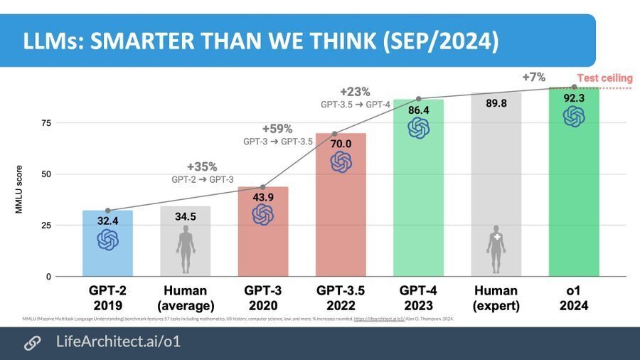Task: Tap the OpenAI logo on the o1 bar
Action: coord(574,117)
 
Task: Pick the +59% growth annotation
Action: coord(277,129)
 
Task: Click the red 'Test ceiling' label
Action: coord(604,78)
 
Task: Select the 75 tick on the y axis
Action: coord(46,123)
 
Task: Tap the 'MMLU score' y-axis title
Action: coord(20,190)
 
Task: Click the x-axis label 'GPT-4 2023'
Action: coord(418,298)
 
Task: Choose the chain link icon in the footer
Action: coord(32,342)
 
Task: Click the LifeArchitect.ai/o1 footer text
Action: coord(118,342)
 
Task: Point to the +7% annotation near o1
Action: coord(534,77)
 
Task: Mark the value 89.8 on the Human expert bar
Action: coord(496,103)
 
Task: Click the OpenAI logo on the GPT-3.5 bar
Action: coord(341,162)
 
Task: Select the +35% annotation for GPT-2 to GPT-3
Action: coord(202,166)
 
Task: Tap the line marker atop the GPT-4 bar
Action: coord(418,99)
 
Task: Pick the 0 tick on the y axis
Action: coord(48,277)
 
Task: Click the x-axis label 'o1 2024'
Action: coord(574,298)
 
